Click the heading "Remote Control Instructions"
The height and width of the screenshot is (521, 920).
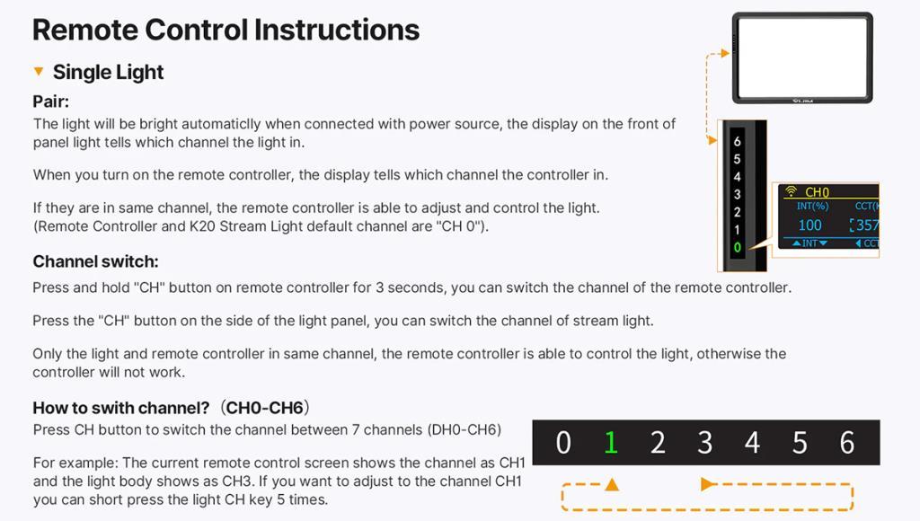click(x=226, y=30)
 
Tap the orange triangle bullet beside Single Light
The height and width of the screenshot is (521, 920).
click(x=39, y=71)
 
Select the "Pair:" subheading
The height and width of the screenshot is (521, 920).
click(x=50, y=102)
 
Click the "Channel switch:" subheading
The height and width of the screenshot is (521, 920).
click(x=95, y=261)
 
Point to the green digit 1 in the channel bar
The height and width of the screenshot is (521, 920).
click(x=611, y=442)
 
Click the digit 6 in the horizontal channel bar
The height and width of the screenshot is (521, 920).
click(x=846, y=442)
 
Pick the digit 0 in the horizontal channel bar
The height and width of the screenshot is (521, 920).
click(x=563, y=442)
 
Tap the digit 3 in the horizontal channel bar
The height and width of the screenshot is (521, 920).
click(x=704, y=442)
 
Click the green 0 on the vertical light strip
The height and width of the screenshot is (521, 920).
click(x=737, y=248)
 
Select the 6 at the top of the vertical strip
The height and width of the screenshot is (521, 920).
click(x=737, y=141)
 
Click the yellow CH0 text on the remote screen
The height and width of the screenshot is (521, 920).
click(x=817, y=192)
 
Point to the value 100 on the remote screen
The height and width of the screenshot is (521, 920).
click(x=809, y=225)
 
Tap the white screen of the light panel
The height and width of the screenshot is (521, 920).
click(x=802, y=57)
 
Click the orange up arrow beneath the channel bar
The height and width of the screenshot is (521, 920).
click(x=612, y=484)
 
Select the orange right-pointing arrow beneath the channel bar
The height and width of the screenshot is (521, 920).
click(x=708, y=484)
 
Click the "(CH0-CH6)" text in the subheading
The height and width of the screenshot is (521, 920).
click(x=265, y=408)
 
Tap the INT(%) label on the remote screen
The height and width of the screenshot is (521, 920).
click(x=812, y=206)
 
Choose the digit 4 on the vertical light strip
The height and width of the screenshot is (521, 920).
click(x=737, y=177)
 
